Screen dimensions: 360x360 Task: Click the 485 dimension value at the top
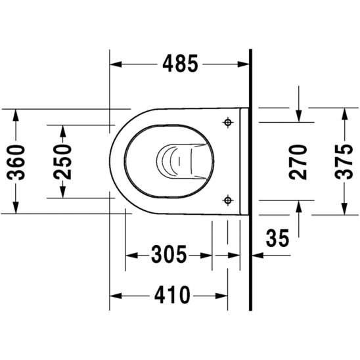(178, 64)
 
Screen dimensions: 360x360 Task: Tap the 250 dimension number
(63, 160)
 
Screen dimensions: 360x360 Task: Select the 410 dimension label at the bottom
(169, 295)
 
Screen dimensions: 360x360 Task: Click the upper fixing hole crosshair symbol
(228, 122)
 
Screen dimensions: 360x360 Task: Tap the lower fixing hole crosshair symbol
(228, 199)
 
